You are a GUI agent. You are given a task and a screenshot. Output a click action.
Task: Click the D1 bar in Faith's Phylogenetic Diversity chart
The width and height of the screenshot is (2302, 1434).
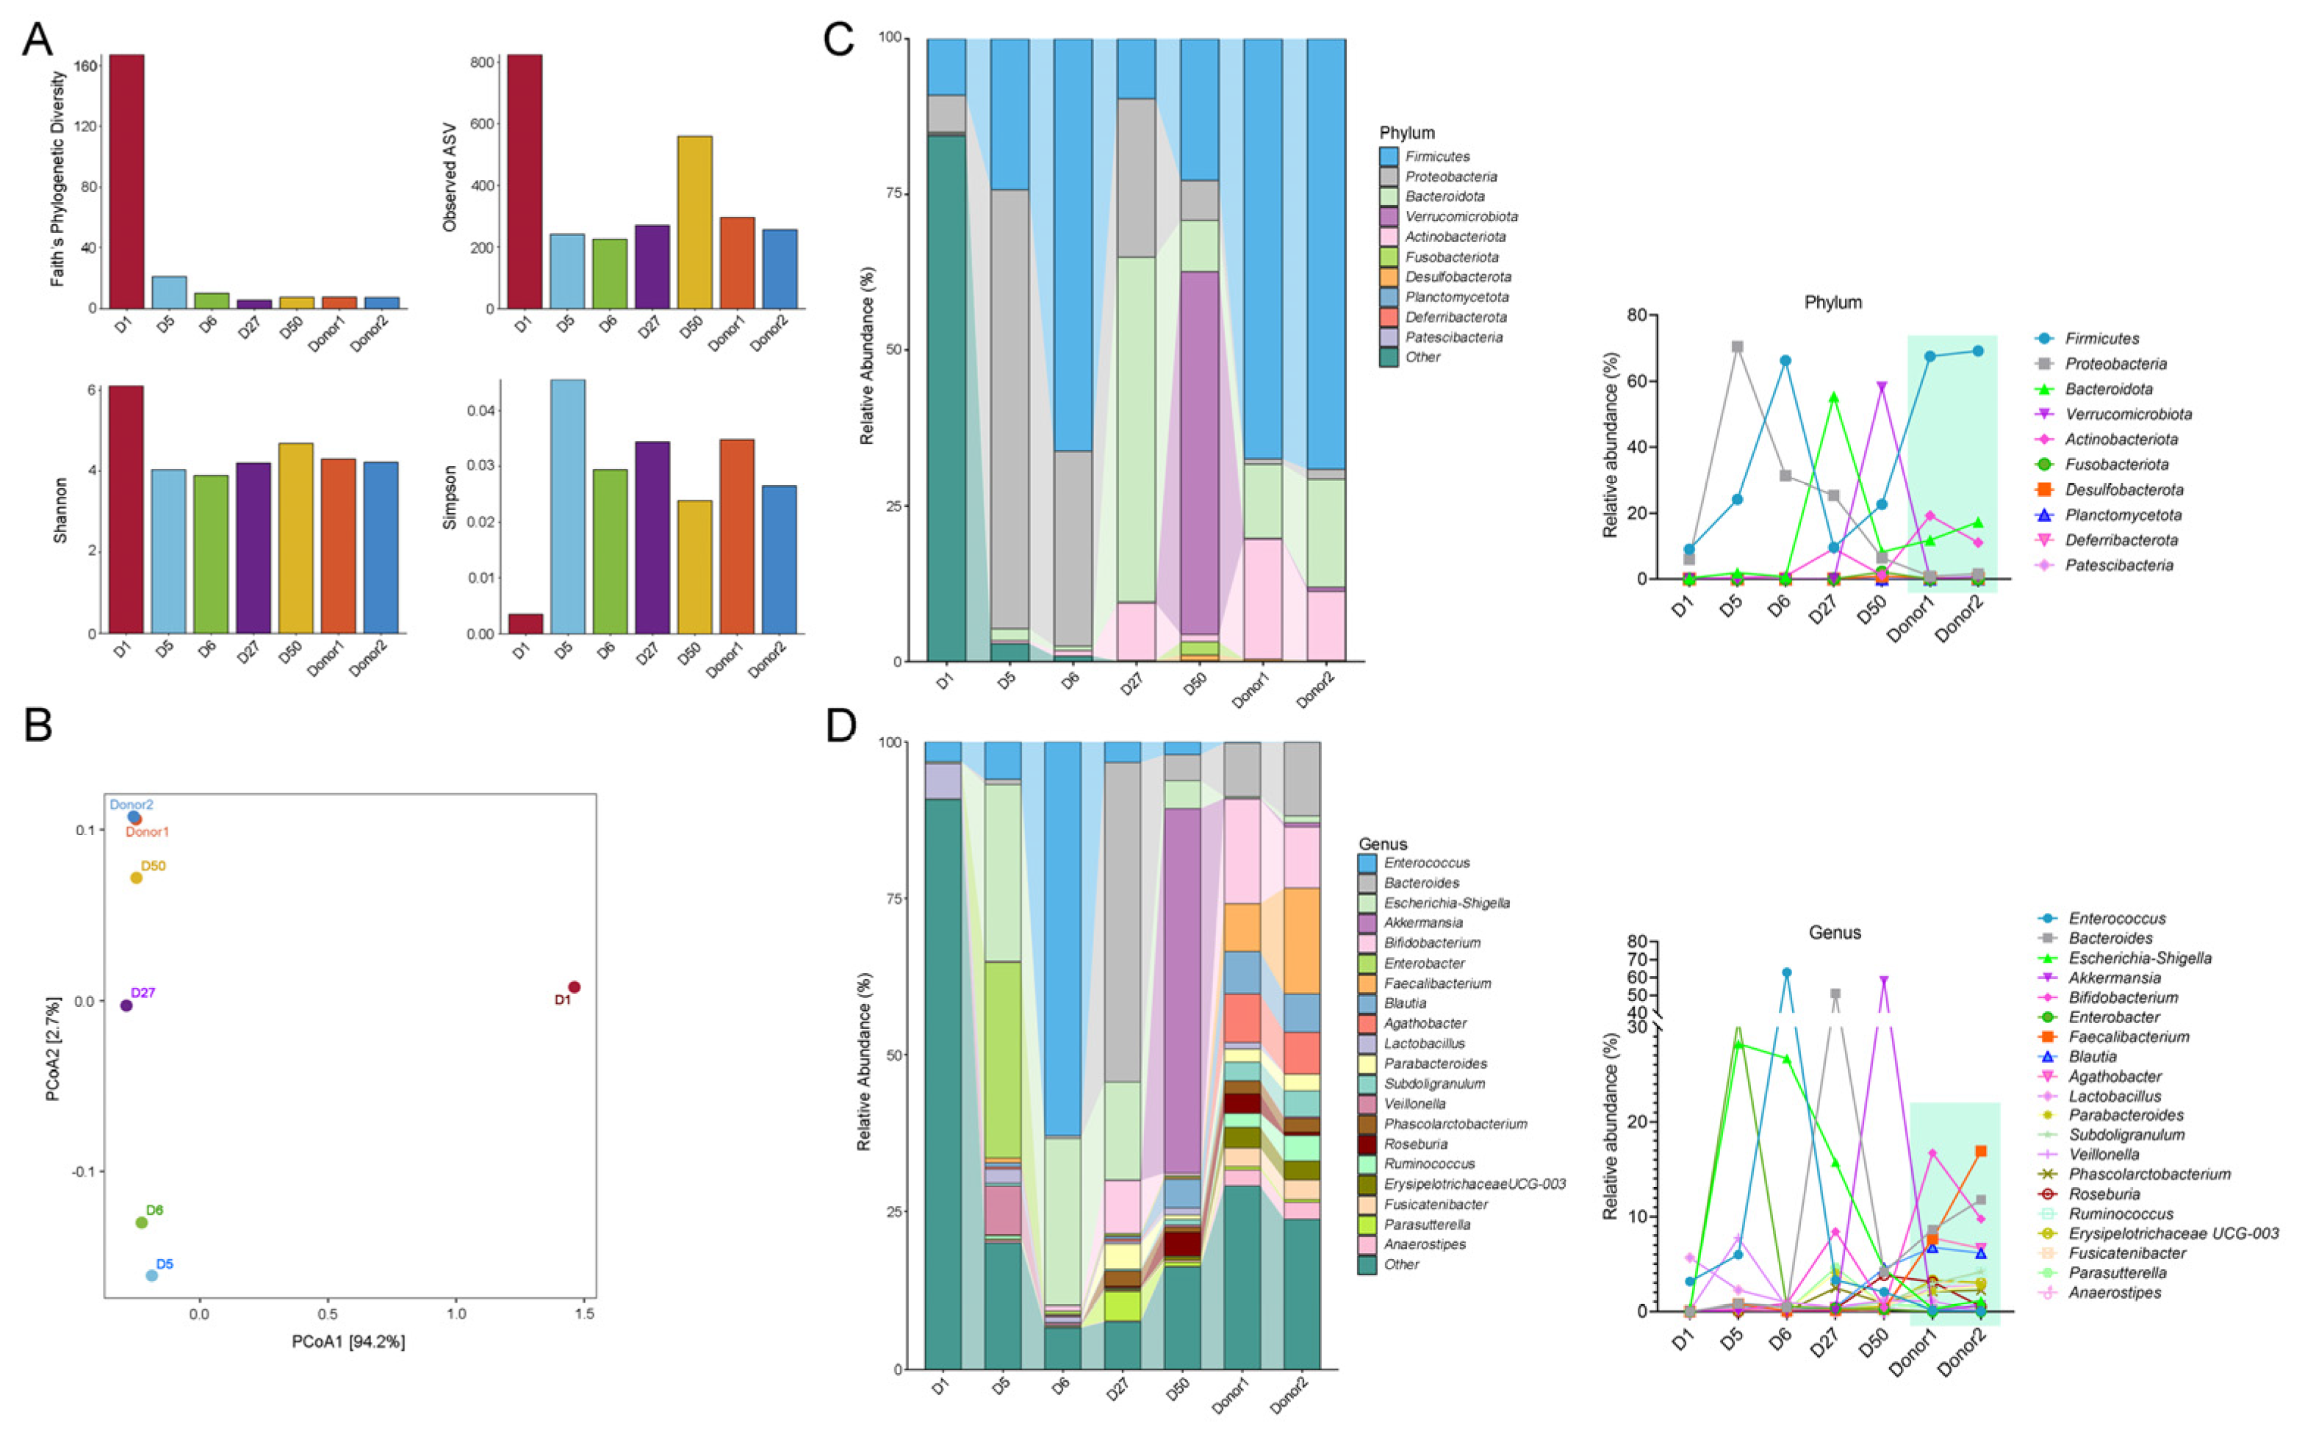click(x=126, y=180)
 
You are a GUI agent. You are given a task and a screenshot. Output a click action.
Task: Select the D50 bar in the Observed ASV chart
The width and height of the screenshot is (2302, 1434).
click(x=694, y=222)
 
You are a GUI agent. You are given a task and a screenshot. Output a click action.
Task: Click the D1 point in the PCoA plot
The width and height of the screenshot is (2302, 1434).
click(x=574, y=987)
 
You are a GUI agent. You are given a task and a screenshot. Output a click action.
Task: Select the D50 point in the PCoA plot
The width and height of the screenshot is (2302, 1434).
click(x=137, y=878)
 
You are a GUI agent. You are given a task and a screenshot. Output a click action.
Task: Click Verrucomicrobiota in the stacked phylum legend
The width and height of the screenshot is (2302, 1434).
click(x=1461, y=216)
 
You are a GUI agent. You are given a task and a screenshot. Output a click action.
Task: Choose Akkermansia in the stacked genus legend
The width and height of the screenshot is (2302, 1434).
click(x=1423, y=922)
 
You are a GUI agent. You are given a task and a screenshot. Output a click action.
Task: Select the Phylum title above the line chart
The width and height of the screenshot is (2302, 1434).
click(x=1832, y=303)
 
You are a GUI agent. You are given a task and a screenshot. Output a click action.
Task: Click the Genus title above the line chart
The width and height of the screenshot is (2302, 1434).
click(x=1835, y=932)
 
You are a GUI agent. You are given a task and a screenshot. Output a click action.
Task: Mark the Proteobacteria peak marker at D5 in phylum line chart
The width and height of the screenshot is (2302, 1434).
click(x=1737, y=347)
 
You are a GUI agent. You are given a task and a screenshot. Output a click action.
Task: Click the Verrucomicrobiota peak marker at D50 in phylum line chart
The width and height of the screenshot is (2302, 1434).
click(x=1882, y=387)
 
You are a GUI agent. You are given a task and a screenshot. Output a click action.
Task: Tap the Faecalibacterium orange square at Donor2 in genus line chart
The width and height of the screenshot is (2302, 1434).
click(x=1981, y=1151)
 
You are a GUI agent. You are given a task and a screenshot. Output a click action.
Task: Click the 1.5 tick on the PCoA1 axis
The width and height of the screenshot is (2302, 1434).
click(x=585, y=1314)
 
